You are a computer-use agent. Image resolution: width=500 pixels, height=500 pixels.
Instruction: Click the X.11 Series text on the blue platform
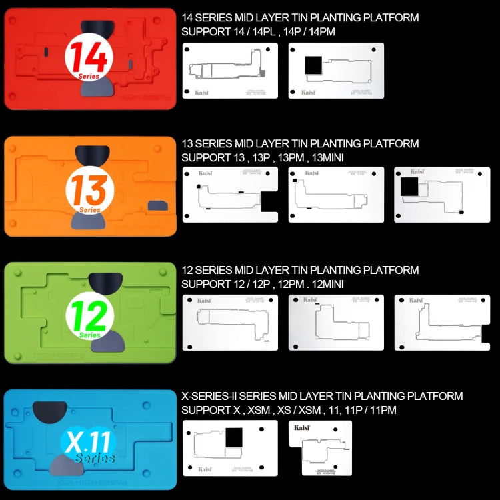coord(89,445)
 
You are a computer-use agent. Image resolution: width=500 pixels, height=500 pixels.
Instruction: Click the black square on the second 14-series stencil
coord(313,65)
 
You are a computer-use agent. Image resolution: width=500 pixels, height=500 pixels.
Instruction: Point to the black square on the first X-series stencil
coord(235,439)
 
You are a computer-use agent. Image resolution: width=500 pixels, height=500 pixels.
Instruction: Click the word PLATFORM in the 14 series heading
coord(390,17)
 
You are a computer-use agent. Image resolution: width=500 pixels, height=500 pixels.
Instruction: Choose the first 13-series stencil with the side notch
coord(229,194)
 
